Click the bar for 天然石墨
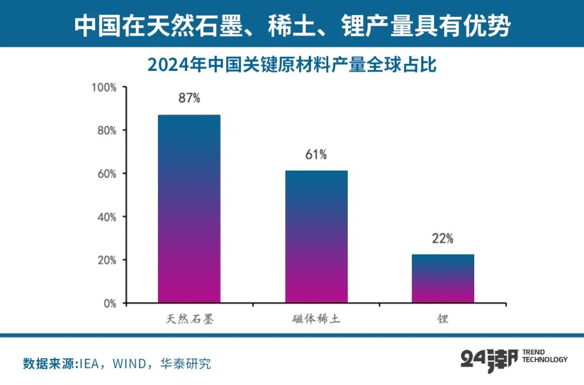tap(189, 208)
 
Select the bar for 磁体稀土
tap(316, 237)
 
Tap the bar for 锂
tap(443, 278)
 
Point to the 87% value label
tap(189, 98)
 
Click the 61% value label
tap(316, 154)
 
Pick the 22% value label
tap(443, 238)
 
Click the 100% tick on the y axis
tap(104, 87)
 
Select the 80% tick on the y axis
tap(106, 130)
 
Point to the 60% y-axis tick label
tap(106, 174)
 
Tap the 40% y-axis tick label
tap(106, 217)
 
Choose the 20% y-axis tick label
tap(106, 260)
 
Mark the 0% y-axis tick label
tap(109, 303)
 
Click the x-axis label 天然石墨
tap(189, 319)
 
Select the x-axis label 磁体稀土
tap(316, 319)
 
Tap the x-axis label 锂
tap(443, 319)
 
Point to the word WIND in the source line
tap(127, 363)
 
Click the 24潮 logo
tap(489, 360)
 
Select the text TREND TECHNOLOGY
tap(545, 356)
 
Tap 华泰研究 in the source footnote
tap(185, 363)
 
